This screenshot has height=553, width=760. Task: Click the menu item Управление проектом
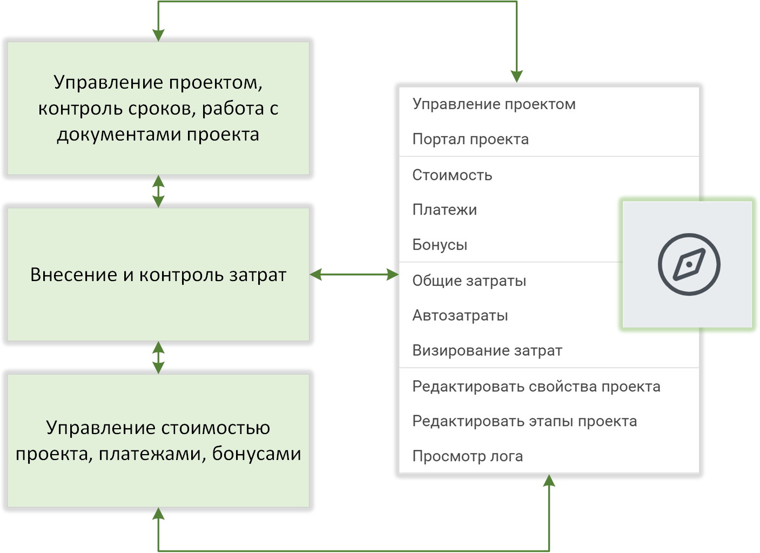[x=494, y=104]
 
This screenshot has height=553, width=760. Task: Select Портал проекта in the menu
[x=470, y=139]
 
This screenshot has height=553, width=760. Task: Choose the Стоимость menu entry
[x=452, y=175]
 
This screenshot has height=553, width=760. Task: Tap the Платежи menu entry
[x=445, y=210]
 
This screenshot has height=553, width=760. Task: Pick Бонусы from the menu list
[x=440, y=245]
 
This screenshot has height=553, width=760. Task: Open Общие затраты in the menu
[x=469, y=281]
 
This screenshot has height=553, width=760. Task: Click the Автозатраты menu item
[x=460, y=315]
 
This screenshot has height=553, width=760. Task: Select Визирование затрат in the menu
[x=487, y=350]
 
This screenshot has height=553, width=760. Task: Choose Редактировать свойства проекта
[x=536, y=387]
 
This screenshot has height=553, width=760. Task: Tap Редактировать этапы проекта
[x=524, y=421]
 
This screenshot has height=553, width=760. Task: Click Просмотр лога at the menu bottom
[x=467, y=456]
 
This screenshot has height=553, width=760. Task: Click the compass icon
[x=689, y=264]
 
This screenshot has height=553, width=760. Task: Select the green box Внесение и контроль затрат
[x=158, y=275]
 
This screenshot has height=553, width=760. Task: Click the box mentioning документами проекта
[x=158, y=108]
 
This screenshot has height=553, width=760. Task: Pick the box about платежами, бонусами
[x=158, y=441]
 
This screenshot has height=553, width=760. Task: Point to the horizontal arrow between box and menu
[x=354, y=275]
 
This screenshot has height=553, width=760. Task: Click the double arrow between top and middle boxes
[x=158, y=191]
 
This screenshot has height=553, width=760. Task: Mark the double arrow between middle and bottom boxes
[x=158, y=357]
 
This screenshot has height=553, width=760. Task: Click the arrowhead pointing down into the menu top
[x=517, y=77]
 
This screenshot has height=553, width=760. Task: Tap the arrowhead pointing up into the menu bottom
[x=549, y=481]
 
